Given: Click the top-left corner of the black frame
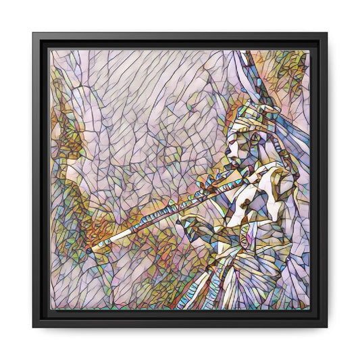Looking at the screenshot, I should (34, 32).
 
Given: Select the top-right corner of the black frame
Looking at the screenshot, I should (327, 32).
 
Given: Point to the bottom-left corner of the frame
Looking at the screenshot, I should (34, 327).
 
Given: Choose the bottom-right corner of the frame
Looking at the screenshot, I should (327, 327).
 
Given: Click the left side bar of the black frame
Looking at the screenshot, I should (40, 180).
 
